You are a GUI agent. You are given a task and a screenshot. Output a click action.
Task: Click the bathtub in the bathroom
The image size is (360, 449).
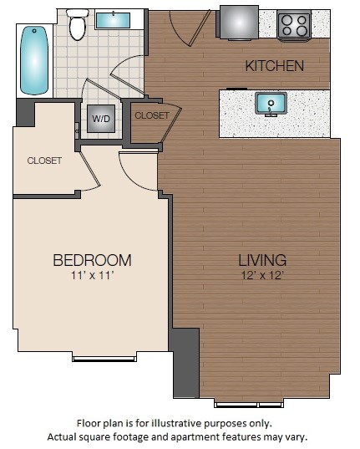coord(34,61)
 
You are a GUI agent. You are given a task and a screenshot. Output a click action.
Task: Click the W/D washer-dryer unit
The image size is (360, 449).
coord(100,119)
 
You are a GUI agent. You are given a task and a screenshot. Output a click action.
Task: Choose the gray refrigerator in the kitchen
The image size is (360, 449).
coord(236,22)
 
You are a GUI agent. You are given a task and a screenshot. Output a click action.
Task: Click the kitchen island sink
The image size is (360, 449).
coord(271,105)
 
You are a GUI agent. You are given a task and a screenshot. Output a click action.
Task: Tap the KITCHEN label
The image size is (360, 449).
coord(273,65)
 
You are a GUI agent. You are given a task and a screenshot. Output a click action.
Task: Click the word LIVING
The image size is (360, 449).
coord(261,259)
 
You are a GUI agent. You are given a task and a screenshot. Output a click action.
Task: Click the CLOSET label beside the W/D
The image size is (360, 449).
coord(151,115)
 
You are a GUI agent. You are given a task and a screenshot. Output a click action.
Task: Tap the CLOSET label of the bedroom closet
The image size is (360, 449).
coord(44,161)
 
